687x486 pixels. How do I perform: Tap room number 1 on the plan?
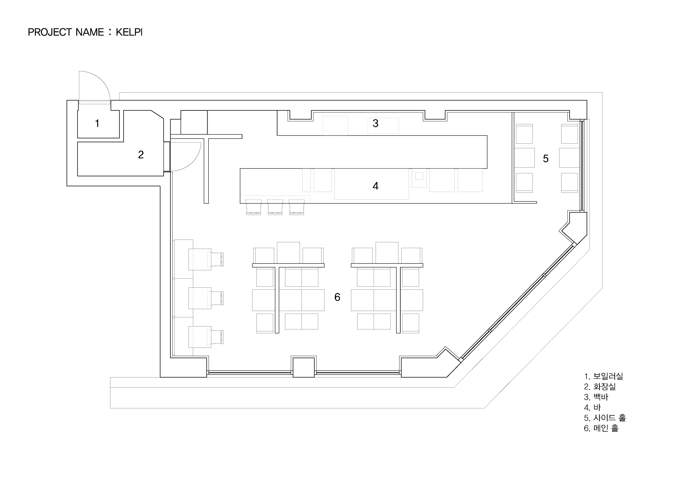pyautogui.click(x=97, y=123)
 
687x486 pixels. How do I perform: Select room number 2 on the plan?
pyautogui.click(x=141, y=155)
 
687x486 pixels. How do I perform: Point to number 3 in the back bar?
pyautogui.click(x=376, y=123)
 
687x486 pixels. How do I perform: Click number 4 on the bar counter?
pyautogui.click(x=376, y=186)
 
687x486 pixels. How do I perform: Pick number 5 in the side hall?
pyautogui.click(x=546, y=159)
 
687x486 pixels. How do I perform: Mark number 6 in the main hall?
pyautogui.click(x=337, y=297)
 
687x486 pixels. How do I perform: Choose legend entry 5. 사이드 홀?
pyautogui.click(x=605, y=418)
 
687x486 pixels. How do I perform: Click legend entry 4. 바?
pyautogui.click(x=592, y=408)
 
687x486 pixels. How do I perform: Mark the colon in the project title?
pyautogui.click(x=110, y=32)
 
